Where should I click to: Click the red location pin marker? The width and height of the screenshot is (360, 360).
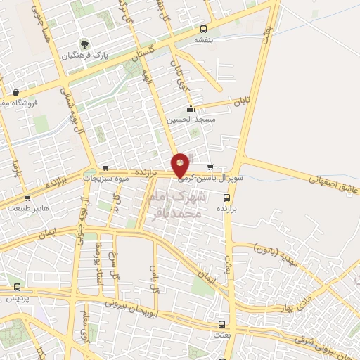pyautogui.click(x=181, y=164)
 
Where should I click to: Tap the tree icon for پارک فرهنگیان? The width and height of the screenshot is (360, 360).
pyautogui.click(x=85, y=44)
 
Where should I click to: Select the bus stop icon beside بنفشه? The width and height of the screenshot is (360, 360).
pyautogui.click(x=203, y=30)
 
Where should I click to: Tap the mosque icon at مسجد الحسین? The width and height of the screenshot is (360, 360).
pyautogui.click(x=191, y=108)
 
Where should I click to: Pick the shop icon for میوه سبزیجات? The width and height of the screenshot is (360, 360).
pyautogui.click(x=105, y=168)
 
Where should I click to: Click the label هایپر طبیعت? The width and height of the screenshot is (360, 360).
pyautogui.click(x=26, y=209)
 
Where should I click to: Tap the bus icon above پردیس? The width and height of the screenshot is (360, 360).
pyautogui.click(x=18, y=288)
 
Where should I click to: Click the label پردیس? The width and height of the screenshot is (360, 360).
pyautogui.click(x=18, y=298)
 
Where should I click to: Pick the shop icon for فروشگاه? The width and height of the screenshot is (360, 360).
pyautogui.click(x=15, y=92)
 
